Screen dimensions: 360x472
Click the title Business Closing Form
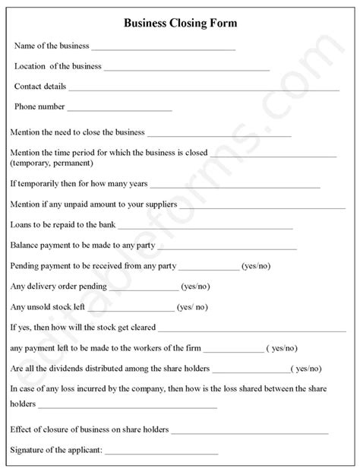click(180, 24)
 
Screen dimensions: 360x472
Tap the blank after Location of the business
click(186, 69)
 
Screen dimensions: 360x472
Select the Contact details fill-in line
click(204, 89)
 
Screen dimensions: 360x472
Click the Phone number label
click(39, 107)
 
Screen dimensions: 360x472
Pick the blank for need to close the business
click(219, 135)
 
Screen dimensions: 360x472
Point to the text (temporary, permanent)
click(52, 163)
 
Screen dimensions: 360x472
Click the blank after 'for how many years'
click(235, 186)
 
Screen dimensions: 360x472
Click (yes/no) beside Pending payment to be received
click(256, 266)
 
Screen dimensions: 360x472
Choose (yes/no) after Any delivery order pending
click(197, 287)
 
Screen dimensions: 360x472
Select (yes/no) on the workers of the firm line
click(281, 348)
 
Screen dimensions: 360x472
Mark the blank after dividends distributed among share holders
click(251, 370)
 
